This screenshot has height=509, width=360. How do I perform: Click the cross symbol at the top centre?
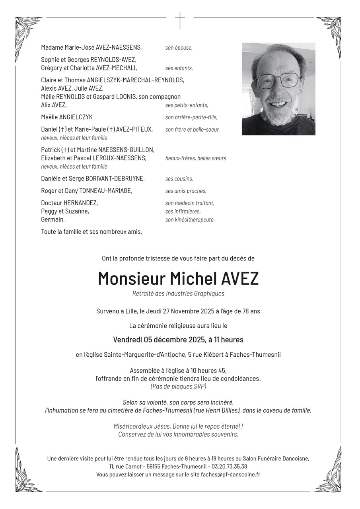pyautogui.click(x=180, y=20)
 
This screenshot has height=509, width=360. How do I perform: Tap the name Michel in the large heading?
pyautogui.click(x=193, y=279)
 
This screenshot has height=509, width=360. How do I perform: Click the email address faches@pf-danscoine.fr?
pyautogui.click(x=231, y=474)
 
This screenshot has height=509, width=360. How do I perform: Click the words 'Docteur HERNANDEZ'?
pyautogui.click(x=69, y=203)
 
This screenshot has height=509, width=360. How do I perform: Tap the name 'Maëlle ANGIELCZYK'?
pyautogui.click(x=67, y=117)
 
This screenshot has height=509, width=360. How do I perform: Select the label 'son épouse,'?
pyautogui.click(x=179, y=48)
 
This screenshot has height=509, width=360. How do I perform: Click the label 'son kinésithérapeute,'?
pyautogui.click(x=190, y=220)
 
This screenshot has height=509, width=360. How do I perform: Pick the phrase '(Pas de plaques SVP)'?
pyautogui.click(x=178, y=386)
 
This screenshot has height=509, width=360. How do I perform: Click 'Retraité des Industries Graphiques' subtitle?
pyautogui.click(x=178, y=293)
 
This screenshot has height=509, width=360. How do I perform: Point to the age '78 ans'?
pyautogui.click(x=250, y=311)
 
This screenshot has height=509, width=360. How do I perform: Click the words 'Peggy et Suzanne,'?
pyautogui.click(x=65, y=211)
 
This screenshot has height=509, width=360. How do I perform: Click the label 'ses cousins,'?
pyautogui.click(x=179, y=179)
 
